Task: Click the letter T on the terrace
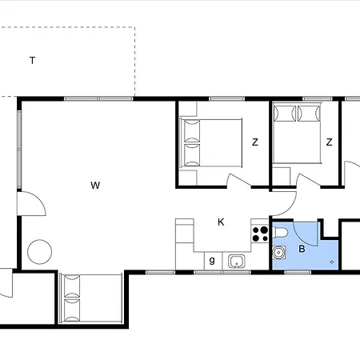32,61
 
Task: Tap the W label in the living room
95,185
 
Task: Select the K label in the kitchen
221,222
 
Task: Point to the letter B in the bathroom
302,249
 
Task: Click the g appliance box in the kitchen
213,261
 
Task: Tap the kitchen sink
237,262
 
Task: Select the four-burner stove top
260,234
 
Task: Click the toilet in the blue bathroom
279,232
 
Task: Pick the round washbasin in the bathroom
279,252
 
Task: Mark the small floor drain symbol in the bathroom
332,262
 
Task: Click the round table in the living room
40,252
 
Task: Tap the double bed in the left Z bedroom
210,143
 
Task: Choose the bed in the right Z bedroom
297,133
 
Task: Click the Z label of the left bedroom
255,142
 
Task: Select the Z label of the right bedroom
329,142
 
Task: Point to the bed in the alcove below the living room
91,298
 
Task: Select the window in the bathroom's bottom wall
298,272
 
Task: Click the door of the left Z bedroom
239,180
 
